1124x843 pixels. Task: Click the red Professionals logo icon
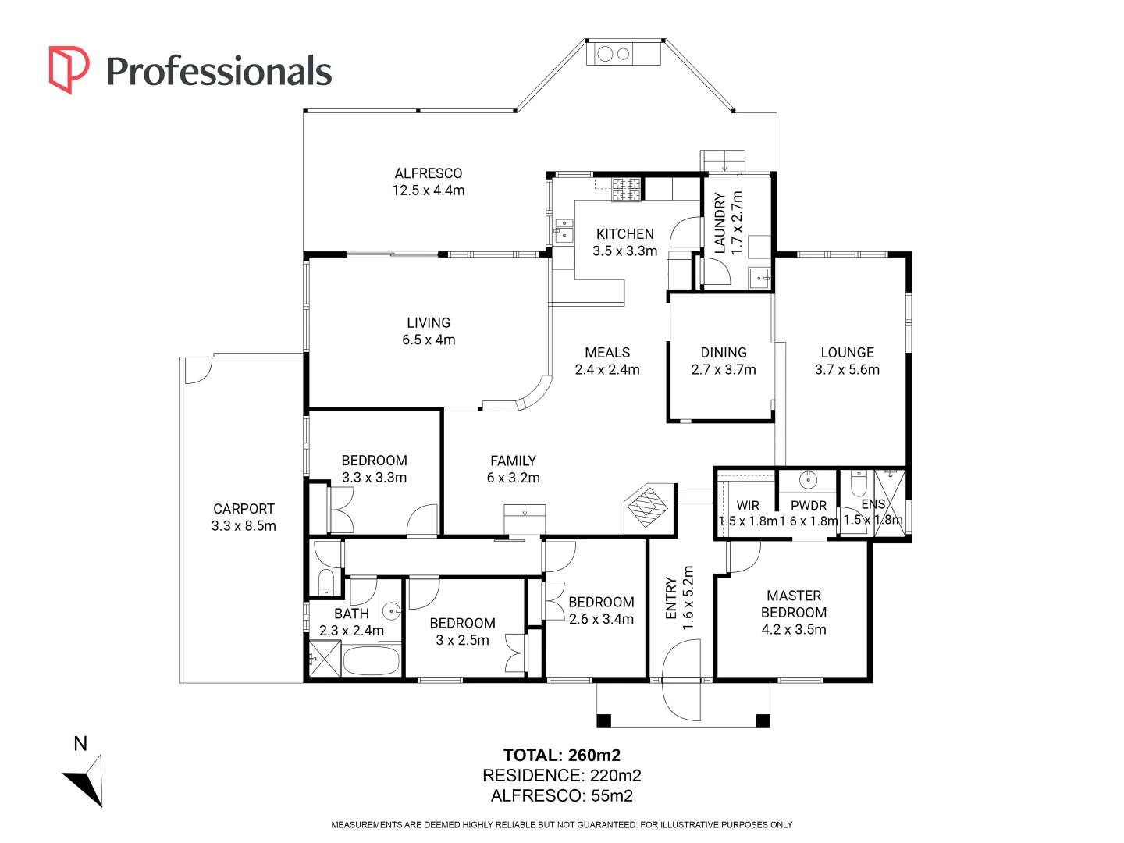pyautogui.click(x=68, y=69)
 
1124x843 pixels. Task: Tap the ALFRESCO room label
pyautogui.click(x=428, y=173)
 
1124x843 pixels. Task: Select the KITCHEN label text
pyautogui.click(x=624, y=234)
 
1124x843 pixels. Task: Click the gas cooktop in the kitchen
pyautogui.click(x=626, y=189)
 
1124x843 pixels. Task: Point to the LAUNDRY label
pyautogui.click(x=720, y=222)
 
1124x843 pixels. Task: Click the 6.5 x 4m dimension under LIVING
pyautogui.click(x=428, y=340)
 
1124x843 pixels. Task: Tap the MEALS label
pyautogui.click(x=606, y=353)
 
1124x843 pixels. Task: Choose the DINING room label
pyautogui.click(x=723, y=353)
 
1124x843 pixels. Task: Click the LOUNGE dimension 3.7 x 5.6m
pyautogui.click(x=847, y=369)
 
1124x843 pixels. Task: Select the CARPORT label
pyautogui.click(x=244, y=509)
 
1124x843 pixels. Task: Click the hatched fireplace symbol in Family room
pyautogui.click(x=648, y=507)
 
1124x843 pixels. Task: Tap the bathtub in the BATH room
pyautogui.click(x=371, y=661)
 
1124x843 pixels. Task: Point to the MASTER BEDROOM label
pyautogui.click(x=794, y=604)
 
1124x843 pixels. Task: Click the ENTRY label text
pyautogui.click(x=670, y=598)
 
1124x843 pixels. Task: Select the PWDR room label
pyautogui.click(x=809, y=506)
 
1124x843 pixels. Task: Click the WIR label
pyautogui.click(x=748, y=506)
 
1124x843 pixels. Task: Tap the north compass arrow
pyautogui.click(x=85, y=781)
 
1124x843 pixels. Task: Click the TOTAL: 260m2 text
pyautogui.click(x=562, y=755)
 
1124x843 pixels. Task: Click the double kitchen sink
pyautogui.click(x=564, y=230)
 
